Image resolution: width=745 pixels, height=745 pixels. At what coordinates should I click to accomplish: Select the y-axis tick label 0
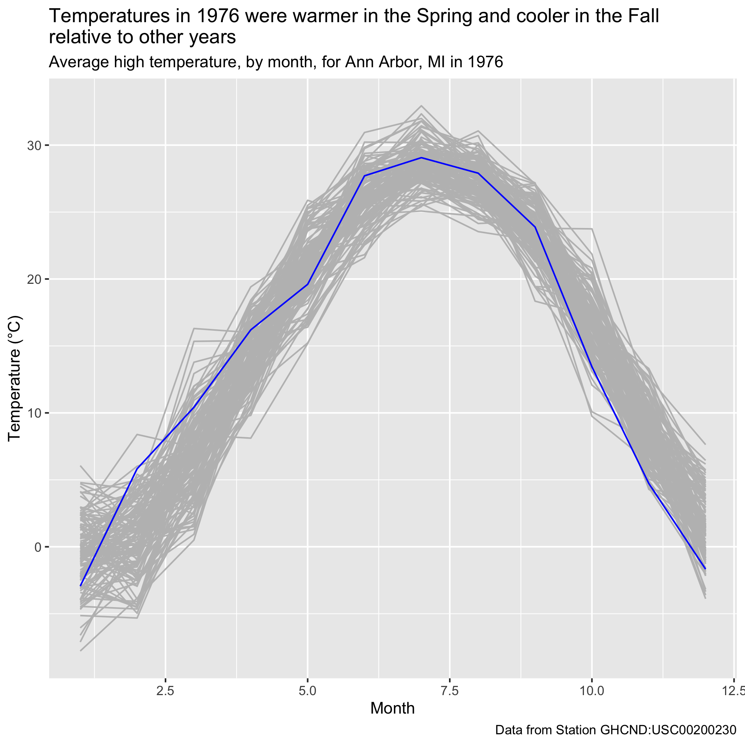pyautogui.click(x=37, y=547)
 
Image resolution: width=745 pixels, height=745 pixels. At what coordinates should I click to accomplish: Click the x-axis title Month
pyautogui.click(x=392, y=708)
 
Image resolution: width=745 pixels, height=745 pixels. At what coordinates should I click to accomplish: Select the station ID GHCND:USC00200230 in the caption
pyautogui.click(x=667, y=730)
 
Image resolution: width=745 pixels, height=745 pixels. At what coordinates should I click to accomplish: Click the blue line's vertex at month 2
pyautogui.click(x=137, y=469)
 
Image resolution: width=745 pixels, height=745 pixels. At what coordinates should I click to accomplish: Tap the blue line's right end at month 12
pyautogui.click(x=705, y=569)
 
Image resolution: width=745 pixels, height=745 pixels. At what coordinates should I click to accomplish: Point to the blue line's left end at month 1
pyautogui.click(x=81, y=586)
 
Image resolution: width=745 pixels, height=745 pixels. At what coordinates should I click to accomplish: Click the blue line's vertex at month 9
pyautogui.click(x=535, y=227)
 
